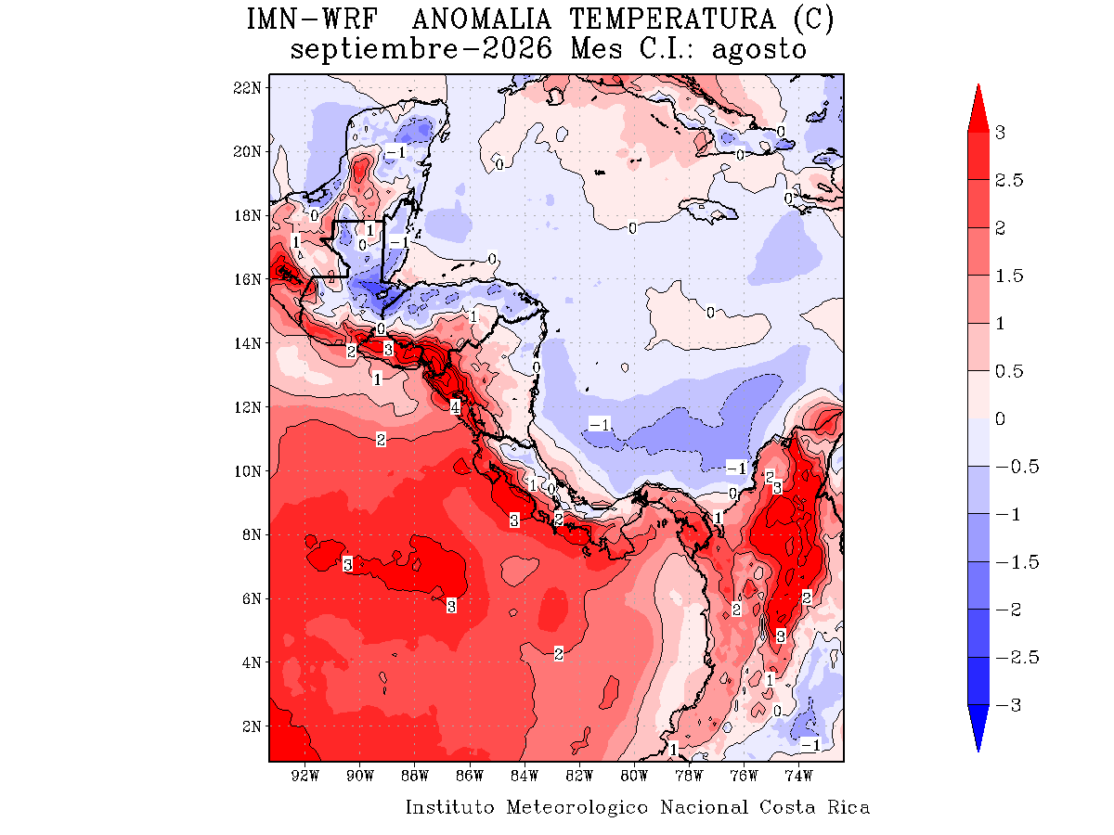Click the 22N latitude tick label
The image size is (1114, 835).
coord(247,88)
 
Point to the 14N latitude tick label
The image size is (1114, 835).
coord(247,343)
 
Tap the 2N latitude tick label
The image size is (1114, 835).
coord(252,726)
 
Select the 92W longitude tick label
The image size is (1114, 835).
coord(305,776)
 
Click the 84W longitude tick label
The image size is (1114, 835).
coord(525,776)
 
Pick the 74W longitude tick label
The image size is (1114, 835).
coord(798,776)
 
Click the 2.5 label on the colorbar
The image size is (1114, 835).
coord(1008,180)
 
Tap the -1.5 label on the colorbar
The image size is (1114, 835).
coord(1017,561)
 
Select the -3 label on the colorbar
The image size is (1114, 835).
coord(1008,705)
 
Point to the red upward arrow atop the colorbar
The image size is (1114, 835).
coord(978,109)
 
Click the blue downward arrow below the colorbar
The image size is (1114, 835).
coord(978,727)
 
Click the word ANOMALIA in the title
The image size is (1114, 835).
coord(481,19)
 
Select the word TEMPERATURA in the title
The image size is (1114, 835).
coord(672,19)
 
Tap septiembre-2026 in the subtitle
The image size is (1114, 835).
coord(421,49)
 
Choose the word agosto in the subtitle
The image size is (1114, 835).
coord(758,50)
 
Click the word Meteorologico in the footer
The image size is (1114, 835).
coord(577,807)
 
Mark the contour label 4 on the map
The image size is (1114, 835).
coord(455,406)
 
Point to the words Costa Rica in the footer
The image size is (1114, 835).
coord(814,806)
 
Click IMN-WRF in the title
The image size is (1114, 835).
coord(312,19)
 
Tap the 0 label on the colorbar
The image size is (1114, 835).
coord(1000,418)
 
